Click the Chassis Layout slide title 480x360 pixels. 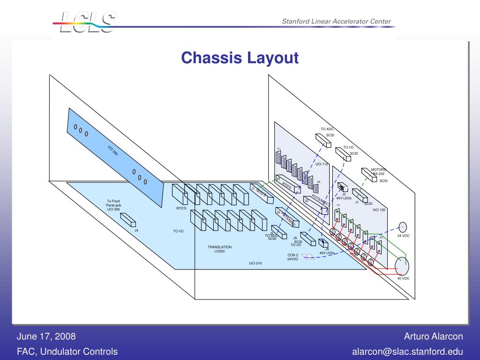[240, 58]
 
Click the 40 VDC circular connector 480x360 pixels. [403, 266]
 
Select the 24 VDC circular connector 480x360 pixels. [402, 227]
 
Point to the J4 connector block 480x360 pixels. [128, 220]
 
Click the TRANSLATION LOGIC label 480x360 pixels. [220, 249]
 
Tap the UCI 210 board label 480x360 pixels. [255, 263]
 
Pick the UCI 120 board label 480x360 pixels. [379, 210]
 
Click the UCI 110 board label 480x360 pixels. [322, 164]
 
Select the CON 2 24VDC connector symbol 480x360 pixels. [308, 256]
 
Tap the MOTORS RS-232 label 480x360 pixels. [378, 172]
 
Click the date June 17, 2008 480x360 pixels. [46, 337]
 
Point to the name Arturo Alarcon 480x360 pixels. [433, 337]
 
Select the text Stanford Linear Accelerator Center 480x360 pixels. [336, 22]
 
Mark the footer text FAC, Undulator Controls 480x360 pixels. [67, 352]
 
